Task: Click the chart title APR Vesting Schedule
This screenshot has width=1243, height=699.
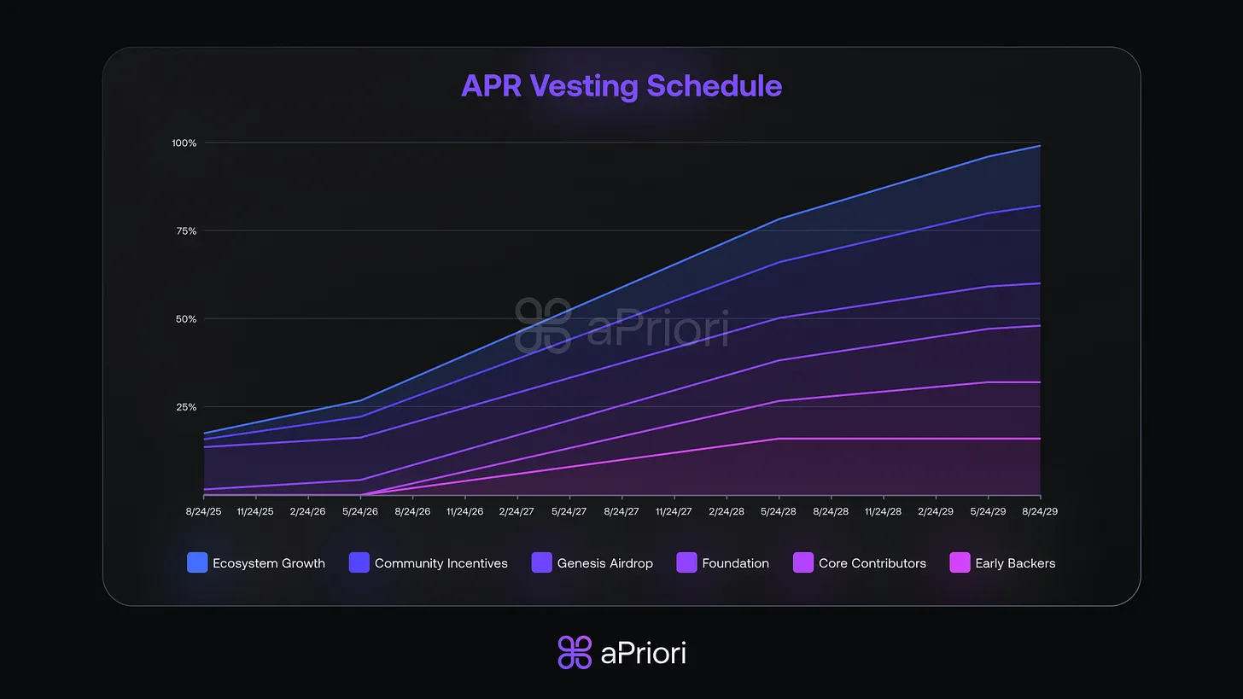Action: click(x=621, y=86)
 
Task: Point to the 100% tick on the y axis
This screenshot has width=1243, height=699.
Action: click(x=184, y=143)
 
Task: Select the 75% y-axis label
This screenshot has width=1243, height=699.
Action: click(x=185, y=230)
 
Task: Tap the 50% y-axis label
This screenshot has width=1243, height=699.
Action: click(x=185, y=319)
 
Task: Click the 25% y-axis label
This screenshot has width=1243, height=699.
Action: click(x=185, y=407)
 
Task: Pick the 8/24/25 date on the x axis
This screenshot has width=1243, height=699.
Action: click(x=203, y=511)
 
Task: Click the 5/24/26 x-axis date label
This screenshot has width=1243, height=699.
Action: click(x=360, y=511)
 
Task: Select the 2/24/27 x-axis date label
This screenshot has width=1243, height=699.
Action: click(x=516, y=511)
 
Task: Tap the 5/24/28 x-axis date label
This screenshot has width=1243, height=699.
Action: click(x=779, y=511)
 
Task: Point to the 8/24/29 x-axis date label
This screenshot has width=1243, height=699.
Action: click(x=1040, y=511)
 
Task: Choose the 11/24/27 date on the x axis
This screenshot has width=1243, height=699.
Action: click(x=674, y=511)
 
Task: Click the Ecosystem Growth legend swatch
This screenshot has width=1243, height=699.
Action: click(x=197, y=563)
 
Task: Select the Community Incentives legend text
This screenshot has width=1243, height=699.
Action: click(x=441, y=563)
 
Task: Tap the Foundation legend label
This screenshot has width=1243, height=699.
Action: click(x=735, y=563)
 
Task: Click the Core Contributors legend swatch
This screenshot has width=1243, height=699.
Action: click(x=803, y=563)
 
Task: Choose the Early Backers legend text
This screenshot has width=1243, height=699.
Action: click(x=1015, y=563)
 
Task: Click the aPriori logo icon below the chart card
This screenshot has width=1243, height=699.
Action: click(x=575, y=653)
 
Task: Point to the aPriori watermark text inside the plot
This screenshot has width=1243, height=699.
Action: click(x=657, y=329)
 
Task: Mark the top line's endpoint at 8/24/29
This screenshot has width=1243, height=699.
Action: click(x=1040, y=146)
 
